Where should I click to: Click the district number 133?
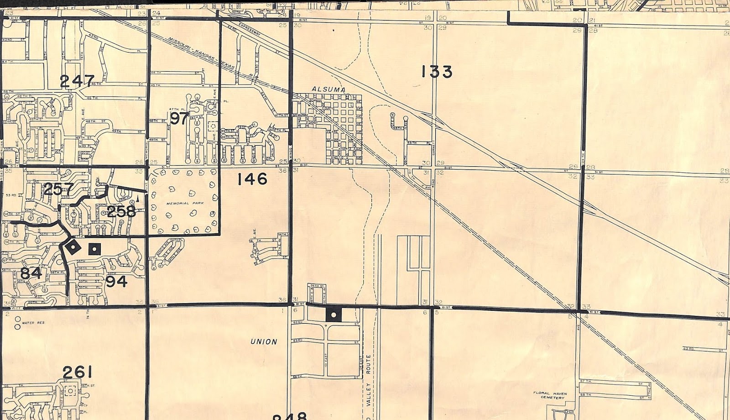[x=437, y=72]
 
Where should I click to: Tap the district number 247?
[x=77, y=81]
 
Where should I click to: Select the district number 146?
[x=252, y=179]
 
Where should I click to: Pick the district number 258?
[x=121, y=211]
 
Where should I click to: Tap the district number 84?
[x=31, y=273]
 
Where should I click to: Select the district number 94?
[x=116, y=282]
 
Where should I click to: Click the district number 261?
[x=80, y=372]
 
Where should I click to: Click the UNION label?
[x=264, y=341]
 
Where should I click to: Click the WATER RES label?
[x=38, y=322]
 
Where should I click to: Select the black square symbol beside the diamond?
[x=94, y=249]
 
